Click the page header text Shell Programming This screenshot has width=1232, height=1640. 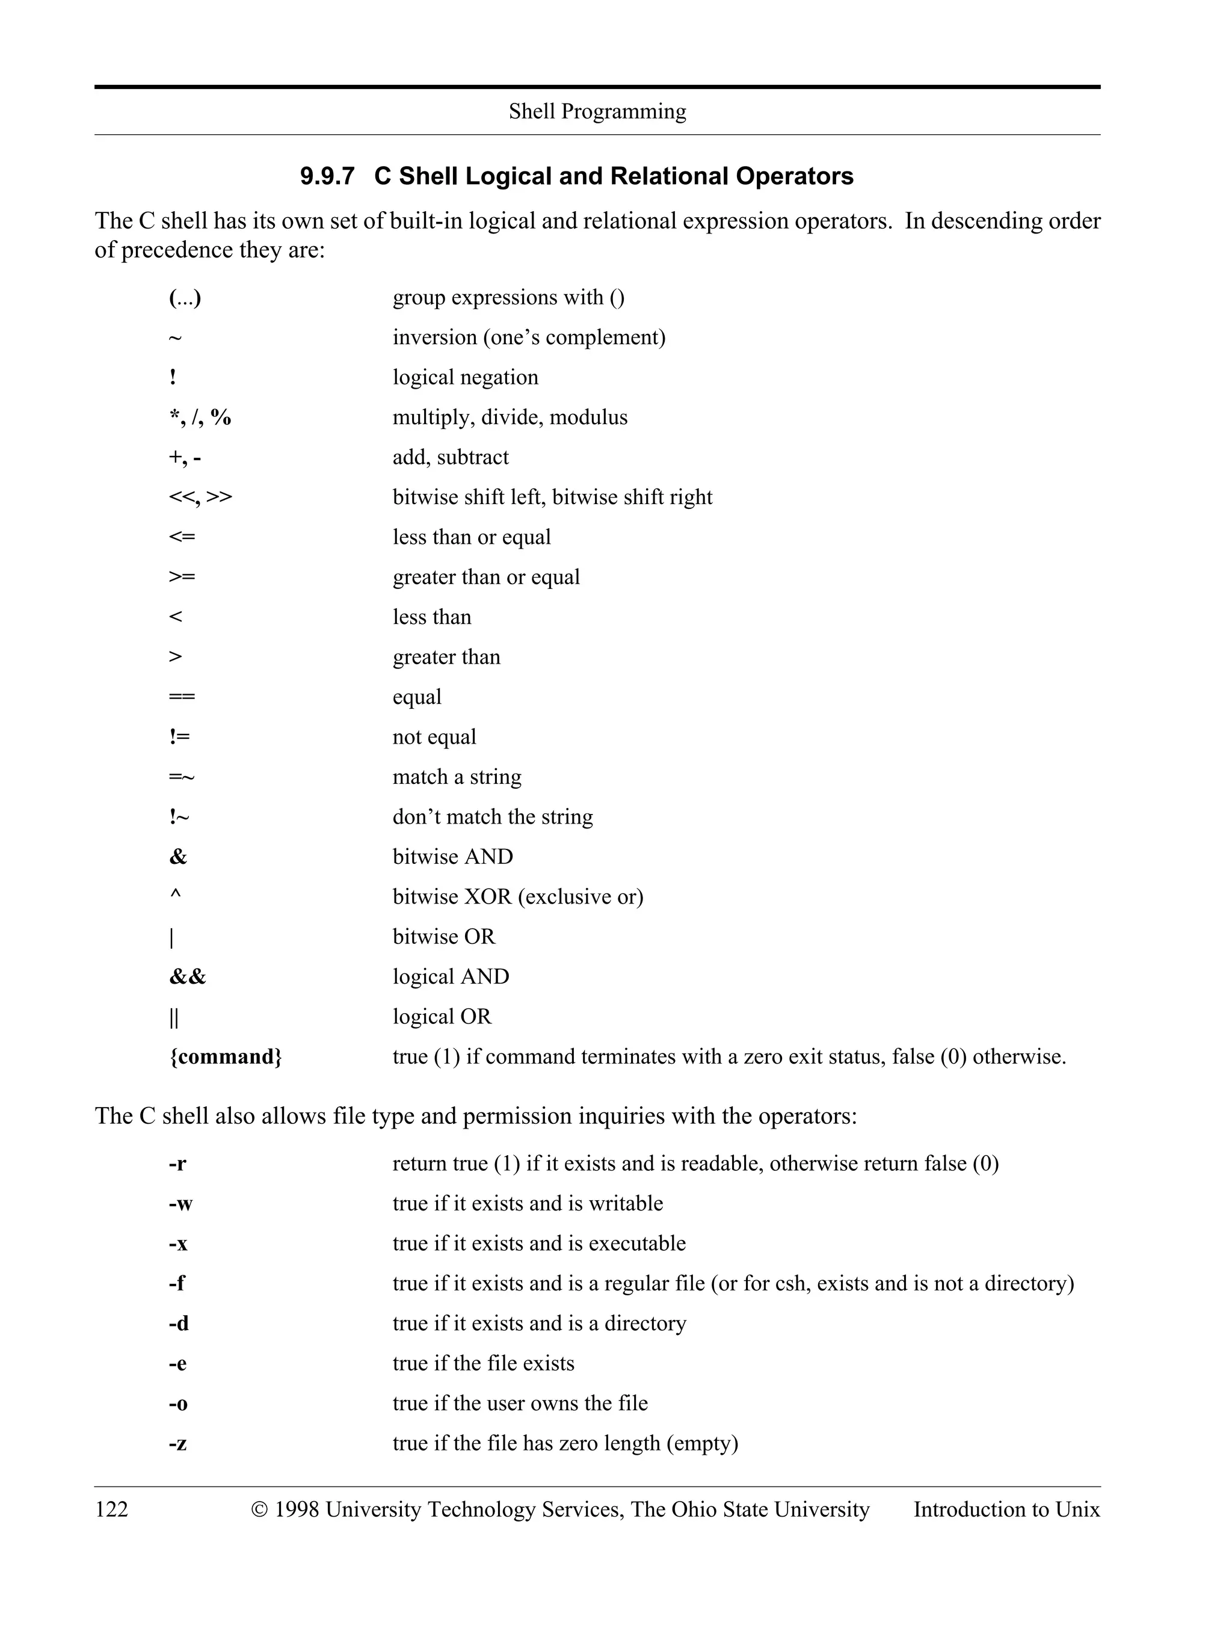point(597,111)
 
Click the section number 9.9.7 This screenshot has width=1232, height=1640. point(327,176)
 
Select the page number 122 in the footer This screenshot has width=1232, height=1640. point(111,1509)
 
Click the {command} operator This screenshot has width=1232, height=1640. point(226,1056)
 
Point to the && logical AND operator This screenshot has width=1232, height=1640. point(188,976)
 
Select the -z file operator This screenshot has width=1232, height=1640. point(178,1443)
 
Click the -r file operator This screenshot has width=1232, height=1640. point(177,1164)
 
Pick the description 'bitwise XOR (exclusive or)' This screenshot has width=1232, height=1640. point(517,896)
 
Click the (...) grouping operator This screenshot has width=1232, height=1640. point(185,297)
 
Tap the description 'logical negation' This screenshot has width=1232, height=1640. point(465,377)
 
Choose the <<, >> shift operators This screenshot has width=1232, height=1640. point(200,497)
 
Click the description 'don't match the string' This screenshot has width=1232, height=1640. point(492,816)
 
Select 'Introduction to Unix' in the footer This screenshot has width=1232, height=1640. point(1006,1509)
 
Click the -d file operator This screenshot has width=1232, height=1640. point(179,1324)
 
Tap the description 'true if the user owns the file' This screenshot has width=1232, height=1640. point(520,1403)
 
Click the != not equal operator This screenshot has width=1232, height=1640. point(179,737)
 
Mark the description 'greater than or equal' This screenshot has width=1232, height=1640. point(485,577)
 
